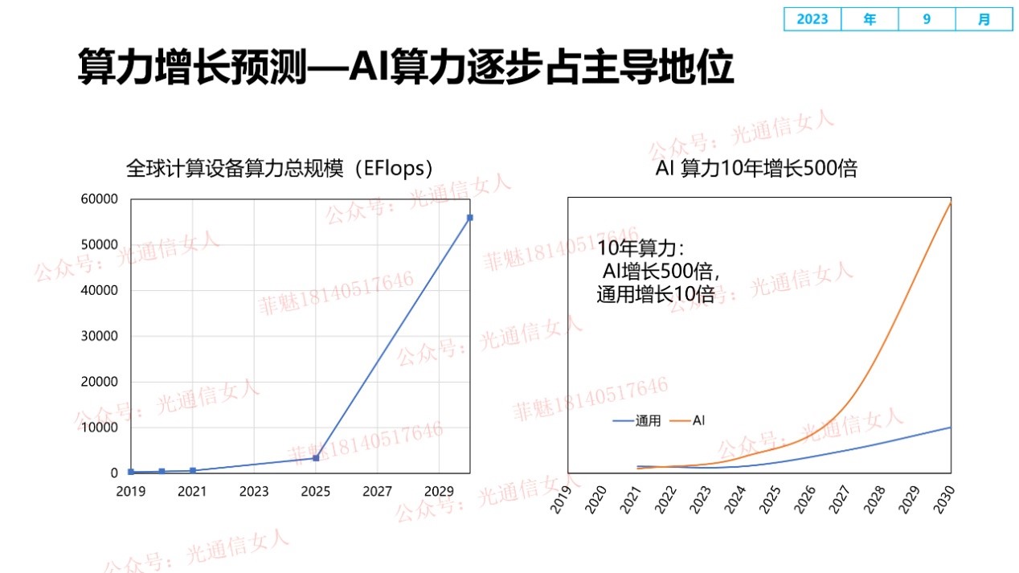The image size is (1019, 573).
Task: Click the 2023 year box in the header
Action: point(812,19)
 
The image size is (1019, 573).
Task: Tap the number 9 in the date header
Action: point(927,19)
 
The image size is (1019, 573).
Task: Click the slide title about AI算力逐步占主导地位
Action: point(406,68)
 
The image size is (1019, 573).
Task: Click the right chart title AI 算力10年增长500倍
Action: point(756,168)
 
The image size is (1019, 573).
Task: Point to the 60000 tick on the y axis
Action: point(100,199)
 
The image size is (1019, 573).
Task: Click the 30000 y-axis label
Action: point(100,336)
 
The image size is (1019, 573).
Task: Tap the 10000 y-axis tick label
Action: point(100,428)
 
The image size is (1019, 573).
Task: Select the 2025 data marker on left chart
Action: point(316,457)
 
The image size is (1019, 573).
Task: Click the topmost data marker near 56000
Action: point(469,218)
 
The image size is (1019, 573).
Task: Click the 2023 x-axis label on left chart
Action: point(254,491)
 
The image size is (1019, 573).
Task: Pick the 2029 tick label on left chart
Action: point(438,491)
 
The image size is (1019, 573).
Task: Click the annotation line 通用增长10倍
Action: point(656,294)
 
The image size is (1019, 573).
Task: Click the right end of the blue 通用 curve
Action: point(951,427)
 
